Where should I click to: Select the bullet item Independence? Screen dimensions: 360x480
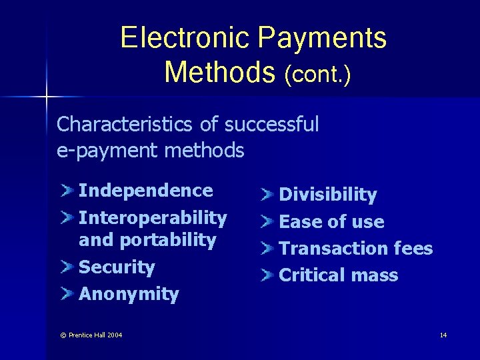(145, 191)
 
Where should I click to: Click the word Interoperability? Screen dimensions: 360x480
(153, 218)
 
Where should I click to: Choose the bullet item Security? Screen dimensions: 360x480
(117, 267)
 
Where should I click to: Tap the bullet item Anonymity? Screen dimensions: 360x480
(129, 295)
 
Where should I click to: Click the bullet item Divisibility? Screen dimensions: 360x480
(327, 195)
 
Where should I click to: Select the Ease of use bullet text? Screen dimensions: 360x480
(331, 222)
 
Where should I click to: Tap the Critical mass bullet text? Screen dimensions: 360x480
(338, 275)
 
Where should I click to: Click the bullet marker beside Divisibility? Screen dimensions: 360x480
(267, 195)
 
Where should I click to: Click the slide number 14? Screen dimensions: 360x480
(443, 335)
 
